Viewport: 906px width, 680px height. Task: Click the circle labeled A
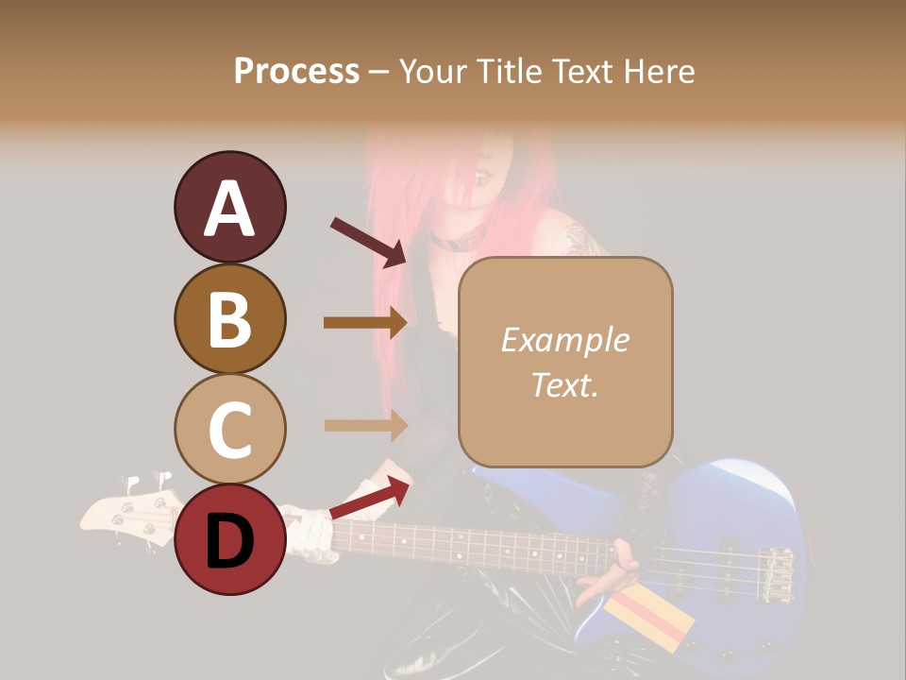[229, 208]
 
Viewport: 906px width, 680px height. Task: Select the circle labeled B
[229, 318]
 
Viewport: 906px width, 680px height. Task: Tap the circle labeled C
[229, 429]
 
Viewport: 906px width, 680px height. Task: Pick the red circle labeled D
[229, 539]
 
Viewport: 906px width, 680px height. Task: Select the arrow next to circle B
[365, 322]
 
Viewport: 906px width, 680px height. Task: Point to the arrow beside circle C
[365, 425]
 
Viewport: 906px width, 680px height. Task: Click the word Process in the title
[296, 71]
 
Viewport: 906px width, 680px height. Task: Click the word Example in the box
[564, 340]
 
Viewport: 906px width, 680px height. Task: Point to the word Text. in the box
[564, 384]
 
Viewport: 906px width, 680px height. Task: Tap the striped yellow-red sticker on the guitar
[648, 620]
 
